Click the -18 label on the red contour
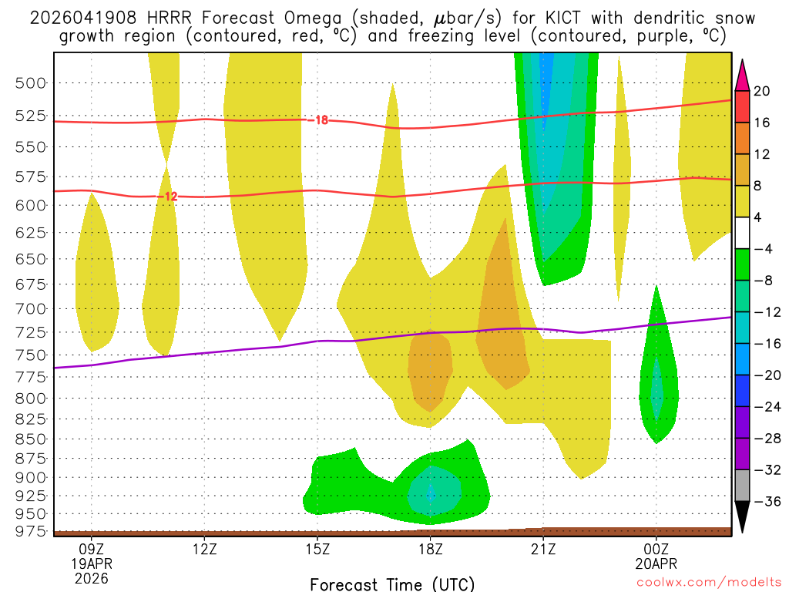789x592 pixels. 321,119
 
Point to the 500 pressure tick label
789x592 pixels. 31,82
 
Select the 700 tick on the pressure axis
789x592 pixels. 31,308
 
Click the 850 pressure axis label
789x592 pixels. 31,439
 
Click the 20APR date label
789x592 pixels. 656,563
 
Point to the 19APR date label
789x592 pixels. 92,563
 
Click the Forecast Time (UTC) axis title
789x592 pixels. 392,584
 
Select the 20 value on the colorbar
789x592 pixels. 762,91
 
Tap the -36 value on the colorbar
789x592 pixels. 765,502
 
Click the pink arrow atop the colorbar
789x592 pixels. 743,75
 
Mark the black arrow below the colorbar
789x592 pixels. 743,517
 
